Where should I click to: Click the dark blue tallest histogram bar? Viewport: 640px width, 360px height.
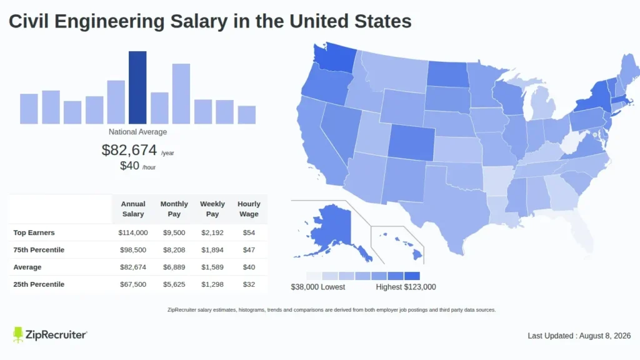[137, 87]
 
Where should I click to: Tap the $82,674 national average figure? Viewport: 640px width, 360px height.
[129, 150]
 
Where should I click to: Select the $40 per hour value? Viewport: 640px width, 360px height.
[129, 165]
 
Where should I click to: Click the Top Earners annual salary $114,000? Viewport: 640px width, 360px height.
[133, 232]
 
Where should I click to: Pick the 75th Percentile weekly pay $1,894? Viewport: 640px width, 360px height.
[212, 250]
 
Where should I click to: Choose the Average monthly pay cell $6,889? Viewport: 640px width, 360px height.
[174, 267]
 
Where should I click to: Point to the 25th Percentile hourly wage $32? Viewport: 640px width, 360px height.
[249, 284]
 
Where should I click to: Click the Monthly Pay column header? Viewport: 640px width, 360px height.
[174, 209]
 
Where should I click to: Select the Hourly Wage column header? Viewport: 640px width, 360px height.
[249, 209]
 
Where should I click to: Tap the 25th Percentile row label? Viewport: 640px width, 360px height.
[39, 284]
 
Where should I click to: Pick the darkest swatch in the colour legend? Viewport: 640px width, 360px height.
[412, 276]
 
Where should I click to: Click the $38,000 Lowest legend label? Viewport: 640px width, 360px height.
[318, 287]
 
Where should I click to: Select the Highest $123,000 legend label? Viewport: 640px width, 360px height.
[406, 287]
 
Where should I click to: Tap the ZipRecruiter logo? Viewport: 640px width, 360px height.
[50, 335]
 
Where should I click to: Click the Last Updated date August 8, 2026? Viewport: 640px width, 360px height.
[605, 336]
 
